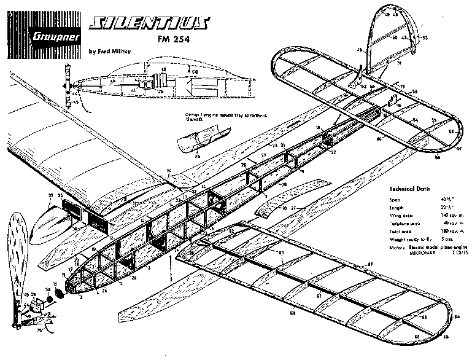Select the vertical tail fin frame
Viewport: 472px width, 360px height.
tap(392, 37)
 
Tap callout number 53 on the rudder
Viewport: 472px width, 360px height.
tap(425, 37)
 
